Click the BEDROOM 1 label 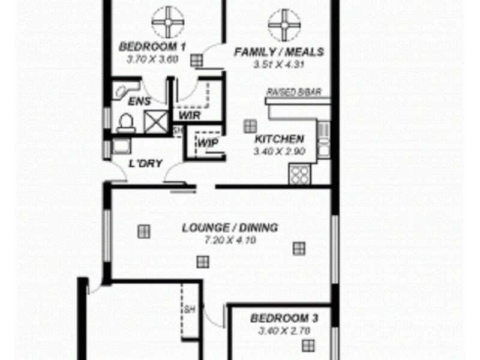pyautogui.click(x=152, y=46)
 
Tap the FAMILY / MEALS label pyautogui.click(x=278, y=52)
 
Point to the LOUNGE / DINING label pyautogui.click(x=230, y=228)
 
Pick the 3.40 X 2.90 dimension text pyautogui.click(x=280, y=151)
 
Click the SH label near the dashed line pyautogui.click(x=188, y=310)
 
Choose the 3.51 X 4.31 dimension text pyautogui.click(x=278, y=64)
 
